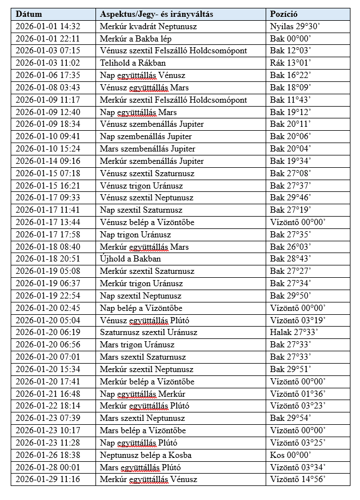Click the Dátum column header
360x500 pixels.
29,14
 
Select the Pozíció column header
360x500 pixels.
284,14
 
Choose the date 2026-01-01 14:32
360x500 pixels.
48,26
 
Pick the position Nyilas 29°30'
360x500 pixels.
297,26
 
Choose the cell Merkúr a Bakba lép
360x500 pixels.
136,39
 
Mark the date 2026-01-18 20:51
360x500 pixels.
48,259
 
